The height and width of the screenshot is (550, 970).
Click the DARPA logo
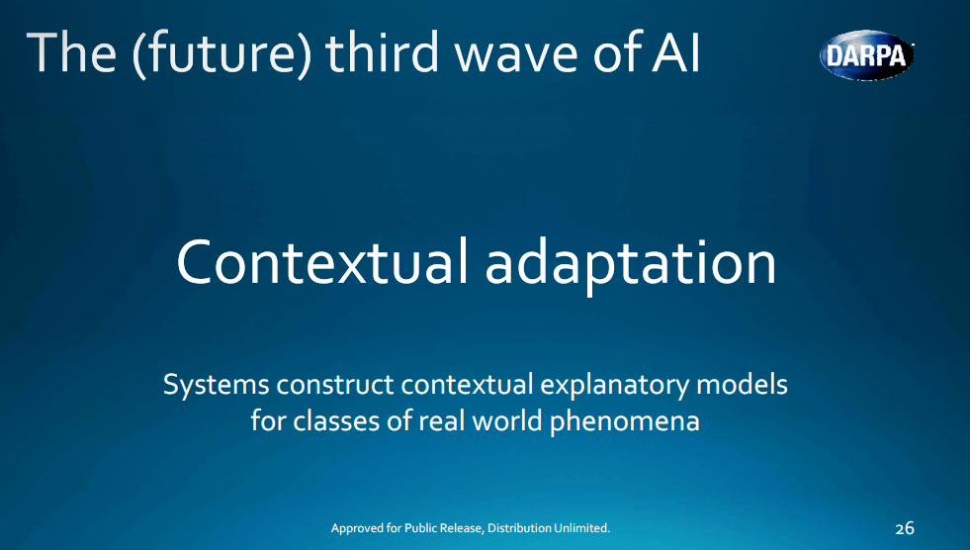[x=866, y=55]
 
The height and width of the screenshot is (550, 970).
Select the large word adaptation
[x=631, y=263]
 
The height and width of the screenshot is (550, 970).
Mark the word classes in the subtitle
[x=333, y=420]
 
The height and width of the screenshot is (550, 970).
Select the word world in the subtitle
[x=504, y=420]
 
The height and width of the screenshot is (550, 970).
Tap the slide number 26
[x=904, y=528]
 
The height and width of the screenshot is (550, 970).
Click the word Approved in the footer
[x=358, y=528]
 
